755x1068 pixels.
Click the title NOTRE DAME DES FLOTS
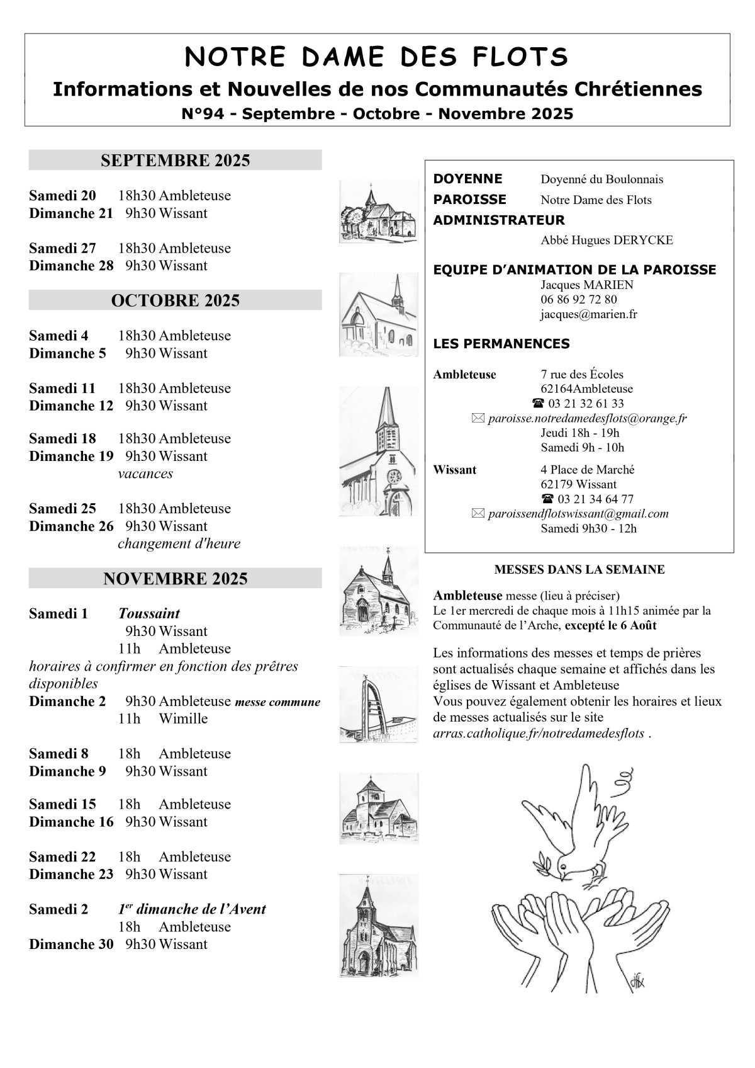pos(377,57)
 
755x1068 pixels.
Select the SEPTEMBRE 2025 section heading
pos(175,161)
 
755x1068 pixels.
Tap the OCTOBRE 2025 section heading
pos(175,300)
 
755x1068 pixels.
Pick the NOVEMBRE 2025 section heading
pos(175,579)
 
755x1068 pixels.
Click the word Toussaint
pos(149,613)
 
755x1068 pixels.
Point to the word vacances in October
pos(145,474)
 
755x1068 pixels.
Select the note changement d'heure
pos(179,543)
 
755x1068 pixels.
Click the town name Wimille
pos(183,719)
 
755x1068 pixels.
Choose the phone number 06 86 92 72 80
pos(578,299)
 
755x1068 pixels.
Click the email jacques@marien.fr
pos(588,314)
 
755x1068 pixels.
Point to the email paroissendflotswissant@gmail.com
pos(578,514)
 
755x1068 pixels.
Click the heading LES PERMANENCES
pos(501,344)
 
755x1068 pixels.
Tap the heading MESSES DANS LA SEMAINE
pos(579,570)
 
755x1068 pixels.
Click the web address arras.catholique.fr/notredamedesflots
pos(539,733)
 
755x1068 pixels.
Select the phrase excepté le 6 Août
pos(610,625)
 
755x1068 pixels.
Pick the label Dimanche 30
pos(71,944)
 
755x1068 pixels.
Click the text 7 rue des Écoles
pos(582,375)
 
